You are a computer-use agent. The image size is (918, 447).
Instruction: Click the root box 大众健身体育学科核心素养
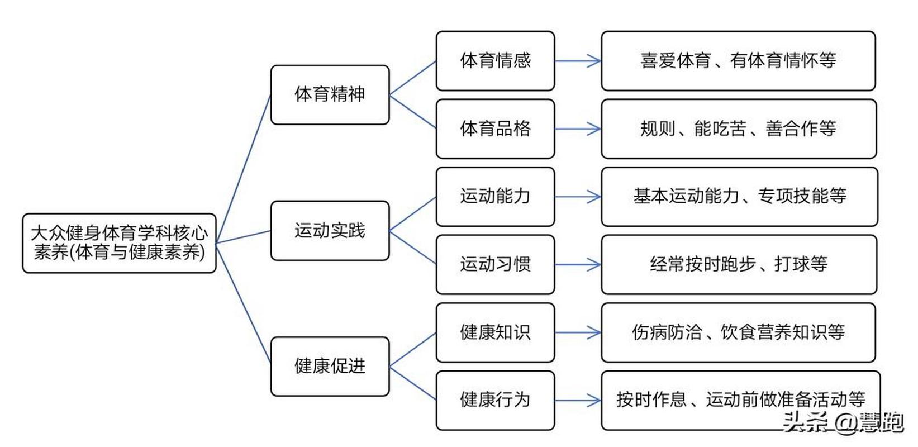pos(119,243)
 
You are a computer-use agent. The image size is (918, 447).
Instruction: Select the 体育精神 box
pos(330,94)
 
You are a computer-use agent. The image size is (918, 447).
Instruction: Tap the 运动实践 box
pos(330,231)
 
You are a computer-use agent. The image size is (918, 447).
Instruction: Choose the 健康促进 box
pos(330,367)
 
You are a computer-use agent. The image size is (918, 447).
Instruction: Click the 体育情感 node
pos(495,61)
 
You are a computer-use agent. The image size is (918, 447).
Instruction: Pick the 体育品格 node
pos(495,129)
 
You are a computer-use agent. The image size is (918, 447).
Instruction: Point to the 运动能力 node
pos(495,197)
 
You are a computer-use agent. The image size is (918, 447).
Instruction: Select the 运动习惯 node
pos(495,264)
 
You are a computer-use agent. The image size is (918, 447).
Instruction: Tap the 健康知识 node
pos(495,332)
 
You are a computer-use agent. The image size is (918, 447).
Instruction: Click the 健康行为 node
pos(495,400)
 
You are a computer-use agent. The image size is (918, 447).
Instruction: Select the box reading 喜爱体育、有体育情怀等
pos(738,61)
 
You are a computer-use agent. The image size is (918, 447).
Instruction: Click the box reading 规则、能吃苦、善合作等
pos(738,129)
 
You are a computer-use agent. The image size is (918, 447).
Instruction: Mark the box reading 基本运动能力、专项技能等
pos(739,197)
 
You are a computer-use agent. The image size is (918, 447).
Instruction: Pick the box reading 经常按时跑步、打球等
pos(738,264)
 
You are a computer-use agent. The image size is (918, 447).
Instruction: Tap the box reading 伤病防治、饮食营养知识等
pos(738,332)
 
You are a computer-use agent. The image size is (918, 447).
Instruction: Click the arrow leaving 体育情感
pos(578,61)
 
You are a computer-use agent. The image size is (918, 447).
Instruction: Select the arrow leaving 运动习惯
pos(578,264)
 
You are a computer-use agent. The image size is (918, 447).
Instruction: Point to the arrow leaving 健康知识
pos(578,333)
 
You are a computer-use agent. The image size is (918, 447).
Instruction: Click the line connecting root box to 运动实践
pos(244,236)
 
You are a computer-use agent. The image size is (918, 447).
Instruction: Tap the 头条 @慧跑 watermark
pos(843,422)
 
